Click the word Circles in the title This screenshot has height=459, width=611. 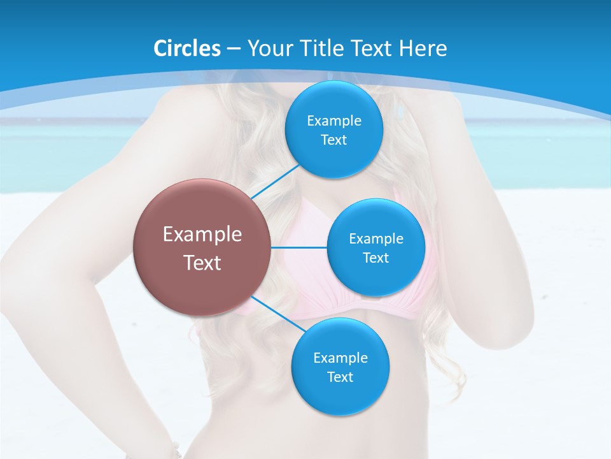pyautogui.click(x=186, y=48)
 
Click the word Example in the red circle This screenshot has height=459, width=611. pyautogui.click(x=202, y=235)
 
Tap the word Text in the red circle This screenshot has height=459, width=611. pyautogui.click(x=202, y=263)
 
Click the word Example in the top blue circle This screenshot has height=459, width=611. pyautogui.click(x=334, y=121)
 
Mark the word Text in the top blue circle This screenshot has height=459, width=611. pyautogui.click(x=334, y=140)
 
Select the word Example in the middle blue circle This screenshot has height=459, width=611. pyautogui.click(x=376, y=239)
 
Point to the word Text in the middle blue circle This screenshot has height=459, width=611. pyautogui.click(x=376, y=258)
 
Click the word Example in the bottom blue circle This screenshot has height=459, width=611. pyautogui.click(x=341, y=358)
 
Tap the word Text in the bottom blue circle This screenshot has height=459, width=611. pyautogui.click(x=341, y=377)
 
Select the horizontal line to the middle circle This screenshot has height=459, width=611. pyautogui.click(x=299, y=247)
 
